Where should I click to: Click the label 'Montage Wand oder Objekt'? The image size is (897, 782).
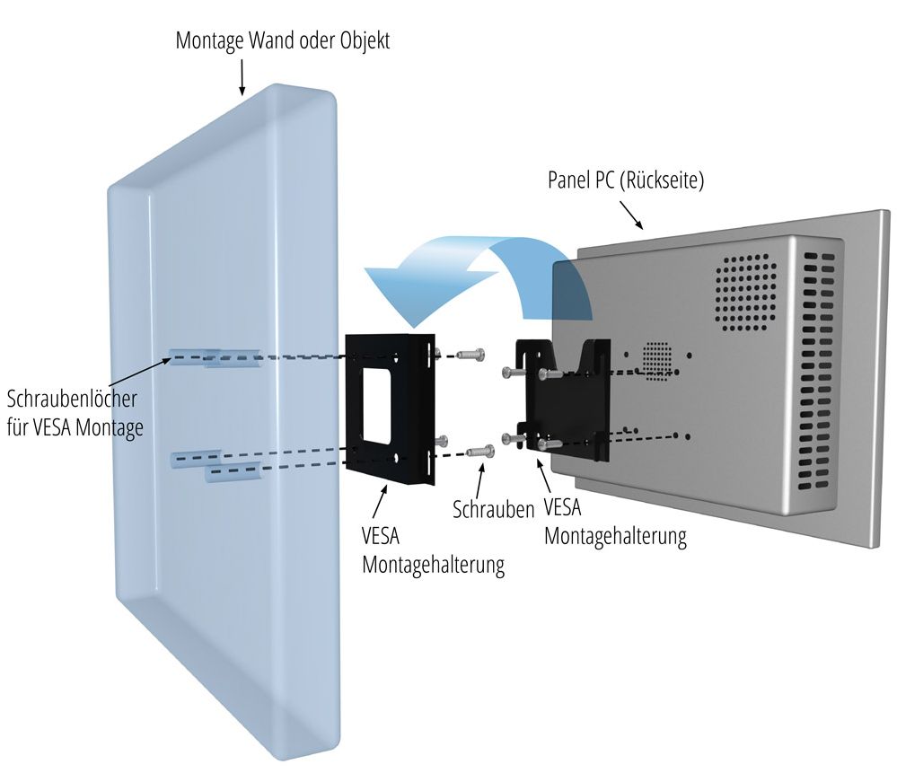[x=283, y=41]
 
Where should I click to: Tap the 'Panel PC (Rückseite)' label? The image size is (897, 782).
[x=626, y=180]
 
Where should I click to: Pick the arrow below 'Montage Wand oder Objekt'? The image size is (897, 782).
[x=242, y=76]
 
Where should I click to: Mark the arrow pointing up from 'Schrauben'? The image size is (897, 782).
[x=486, y=481]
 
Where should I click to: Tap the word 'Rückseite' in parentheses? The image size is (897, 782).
[x=664, y=180]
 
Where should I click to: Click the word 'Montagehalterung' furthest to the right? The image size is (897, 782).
[x=615, y=537]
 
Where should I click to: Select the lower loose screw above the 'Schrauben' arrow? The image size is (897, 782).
[x=481, y=451]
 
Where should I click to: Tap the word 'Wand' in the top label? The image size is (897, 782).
[x=267, y=41]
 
